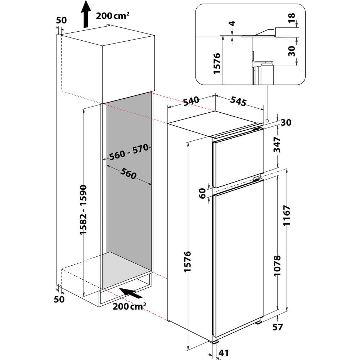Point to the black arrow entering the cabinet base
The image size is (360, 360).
coord(130,293)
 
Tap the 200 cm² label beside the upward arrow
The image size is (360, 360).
coord(113,16)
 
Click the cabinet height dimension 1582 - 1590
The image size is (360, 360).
coord(84,210)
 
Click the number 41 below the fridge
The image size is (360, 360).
coord(224,352)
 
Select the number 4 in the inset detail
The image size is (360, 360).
coord(232,24)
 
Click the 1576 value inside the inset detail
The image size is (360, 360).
coord(217,64)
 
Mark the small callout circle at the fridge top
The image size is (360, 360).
coord(267,121)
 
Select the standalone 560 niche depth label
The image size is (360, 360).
coord(128,174)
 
